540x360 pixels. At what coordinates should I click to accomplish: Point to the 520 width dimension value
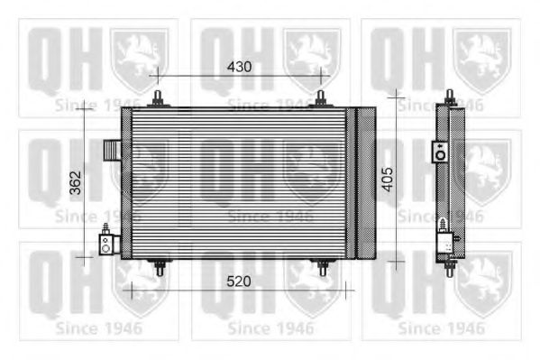click(x=238, y=282)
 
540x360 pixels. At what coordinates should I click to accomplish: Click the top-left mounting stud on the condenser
click(x=159, y=98)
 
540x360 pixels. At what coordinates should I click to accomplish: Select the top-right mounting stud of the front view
click(x=321, y=98)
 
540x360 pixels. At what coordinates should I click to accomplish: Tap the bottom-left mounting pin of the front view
click(x=159, y=267)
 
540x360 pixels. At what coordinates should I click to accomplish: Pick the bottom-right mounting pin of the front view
click(x=322, y=267)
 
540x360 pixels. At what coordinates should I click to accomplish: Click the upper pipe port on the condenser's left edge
click(x=112, y=148)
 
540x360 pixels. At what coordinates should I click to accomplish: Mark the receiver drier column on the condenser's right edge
click(x=365, y=183)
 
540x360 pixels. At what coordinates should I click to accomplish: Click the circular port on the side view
click(x=440, y=152)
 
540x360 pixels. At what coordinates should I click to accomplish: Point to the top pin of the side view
click(x=450, y=97)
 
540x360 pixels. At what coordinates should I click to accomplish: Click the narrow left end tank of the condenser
click(x=126, y=183)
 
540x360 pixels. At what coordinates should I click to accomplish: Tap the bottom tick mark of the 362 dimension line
click(x=84, y=257)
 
